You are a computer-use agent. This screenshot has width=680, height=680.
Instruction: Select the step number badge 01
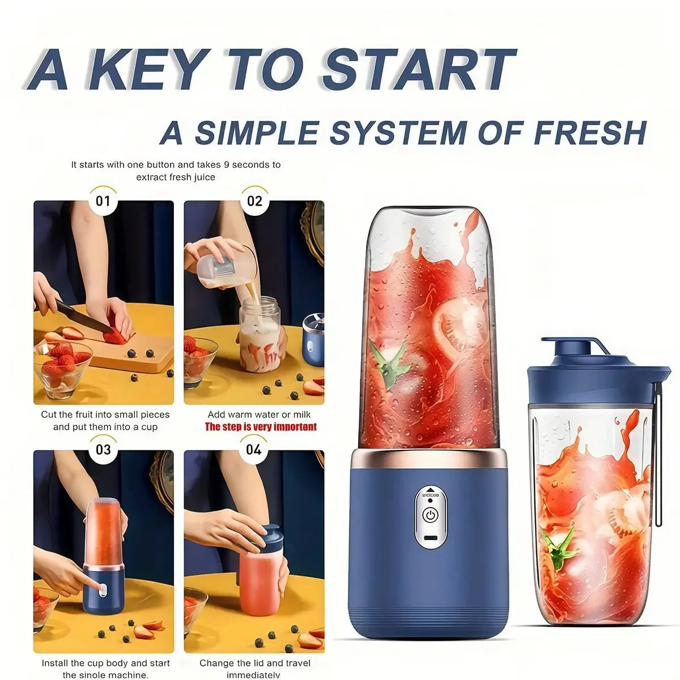tap(103, 201)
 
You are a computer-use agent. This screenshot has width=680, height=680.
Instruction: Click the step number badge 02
tap(254, 201)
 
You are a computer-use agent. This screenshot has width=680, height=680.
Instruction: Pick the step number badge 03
tap(103, 450)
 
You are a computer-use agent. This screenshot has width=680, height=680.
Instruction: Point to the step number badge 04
tap(254, 450)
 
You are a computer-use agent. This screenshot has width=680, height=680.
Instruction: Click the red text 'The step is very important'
tap(261, 427)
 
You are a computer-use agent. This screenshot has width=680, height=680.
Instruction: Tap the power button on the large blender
tap(431, 516)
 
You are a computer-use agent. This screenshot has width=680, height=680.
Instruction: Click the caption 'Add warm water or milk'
tap(259, 415)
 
